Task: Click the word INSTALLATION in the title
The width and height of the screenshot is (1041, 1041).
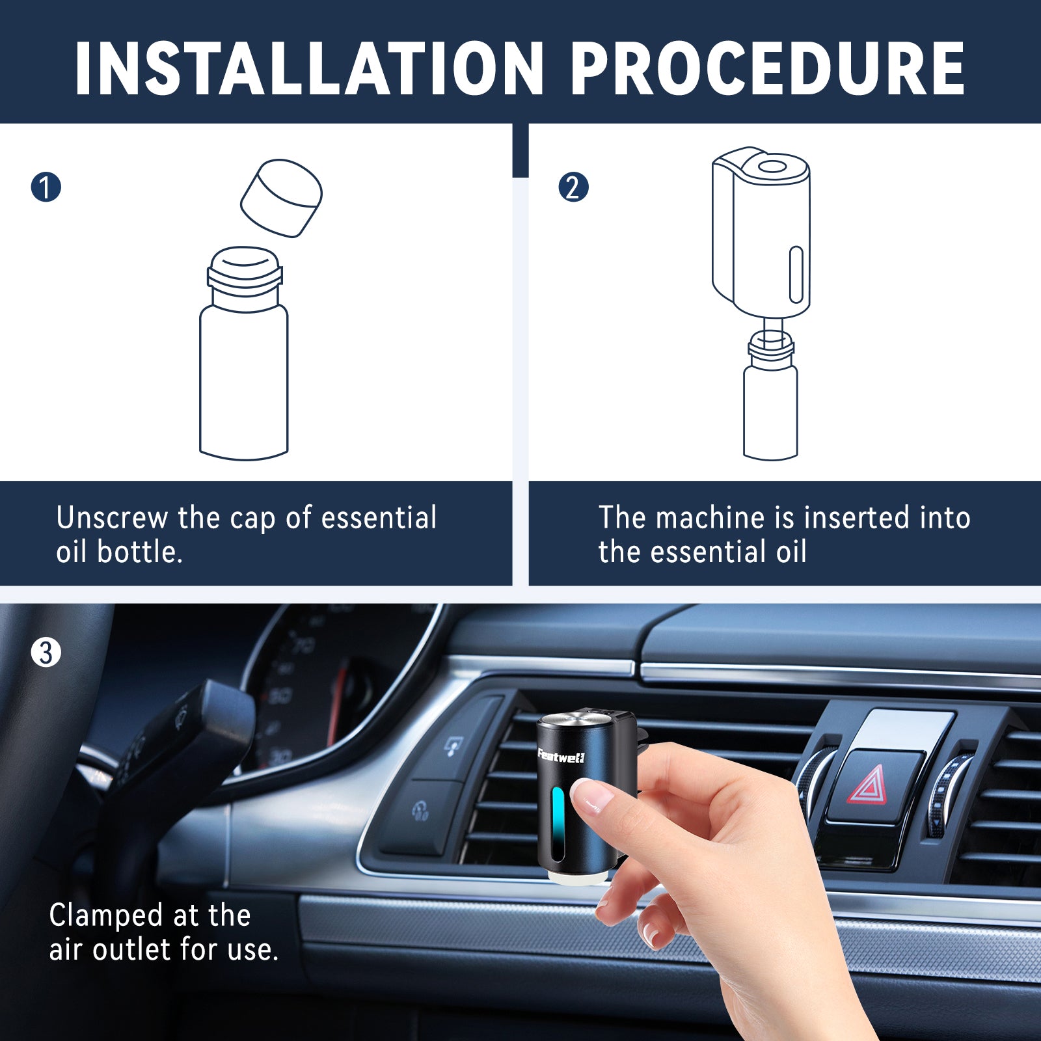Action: [308, 69]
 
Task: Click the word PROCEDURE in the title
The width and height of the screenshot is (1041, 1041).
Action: [768, 69]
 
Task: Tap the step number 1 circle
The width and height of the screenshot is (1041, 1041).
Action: [46, 187]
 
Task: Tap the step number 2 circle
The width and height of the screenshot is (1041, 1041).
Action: [573, 187]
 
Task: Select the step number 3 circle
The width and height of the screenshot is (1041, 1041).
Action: [46, 653]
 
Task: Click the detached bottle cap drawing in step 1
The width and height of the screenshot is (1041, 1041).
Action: [281, 198]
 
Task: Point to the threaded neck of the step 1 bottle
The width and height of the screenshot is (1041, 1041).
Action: [245, 277]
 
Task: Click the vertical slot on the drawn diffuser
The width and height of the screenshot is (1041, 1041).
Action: [796, 274]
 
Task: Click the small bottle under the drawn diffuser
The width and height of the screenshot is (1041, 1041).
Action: [770, 410]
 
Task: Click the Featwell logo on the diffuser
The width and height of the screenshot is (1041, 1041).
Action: [561, 756]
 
